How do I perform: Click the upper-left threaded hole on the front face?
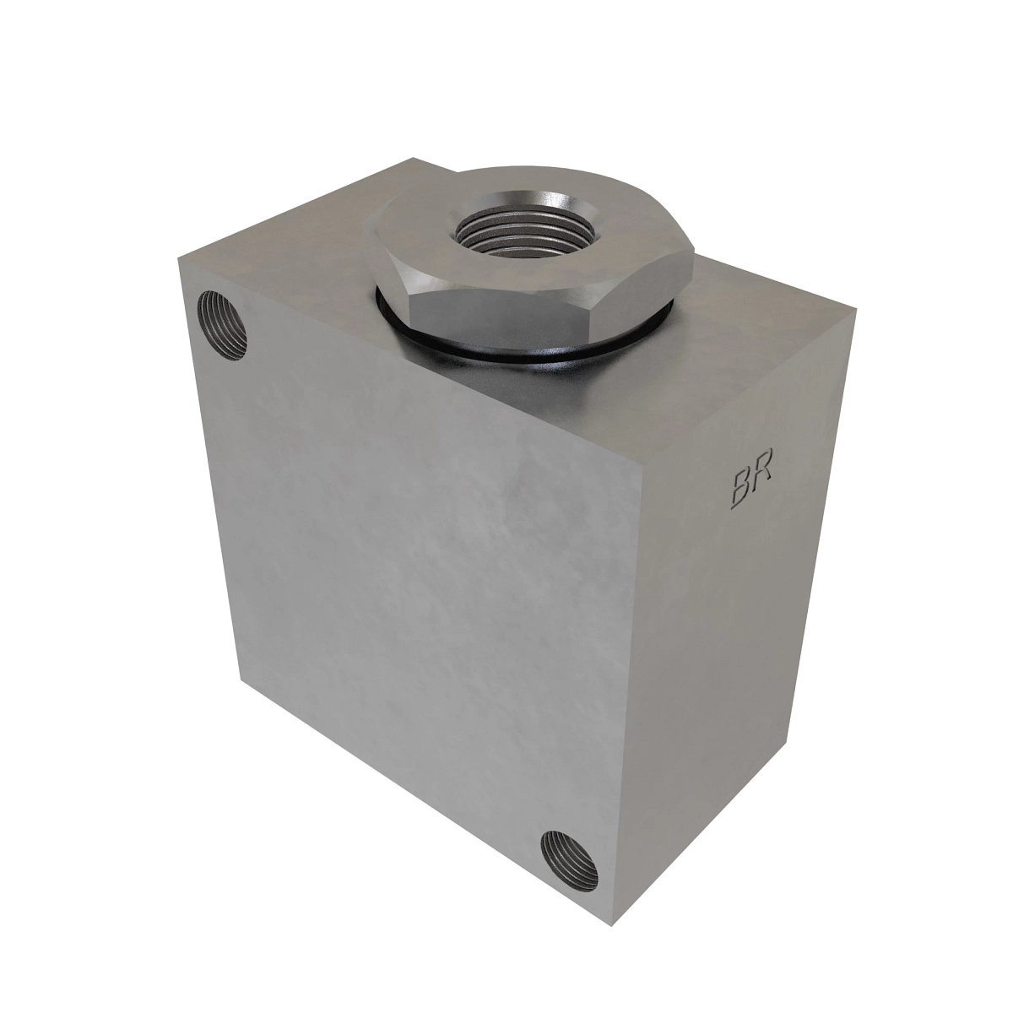221,325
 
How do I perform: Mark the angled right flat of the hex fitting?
647,284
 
